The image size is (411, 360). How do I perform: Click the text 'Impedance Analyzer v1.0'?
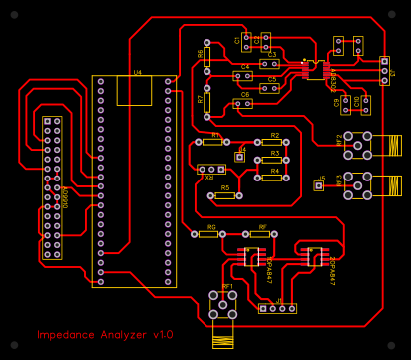pos(106,335)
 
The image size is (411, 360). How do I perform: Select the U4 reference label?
pos(137,73)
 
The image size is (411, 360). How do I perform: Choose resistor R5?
pos(224,195)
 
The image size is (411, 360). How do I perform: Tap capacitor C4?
pos(242,75)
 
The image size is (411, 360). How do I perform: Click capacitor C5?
pos(270,87)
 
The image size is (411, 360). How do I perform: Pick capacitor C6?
pos(242,102)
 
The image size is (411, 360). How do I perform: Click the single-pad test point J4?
pos(240,157)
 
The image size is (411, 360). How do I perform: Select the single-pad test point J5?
pos(319,184)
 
